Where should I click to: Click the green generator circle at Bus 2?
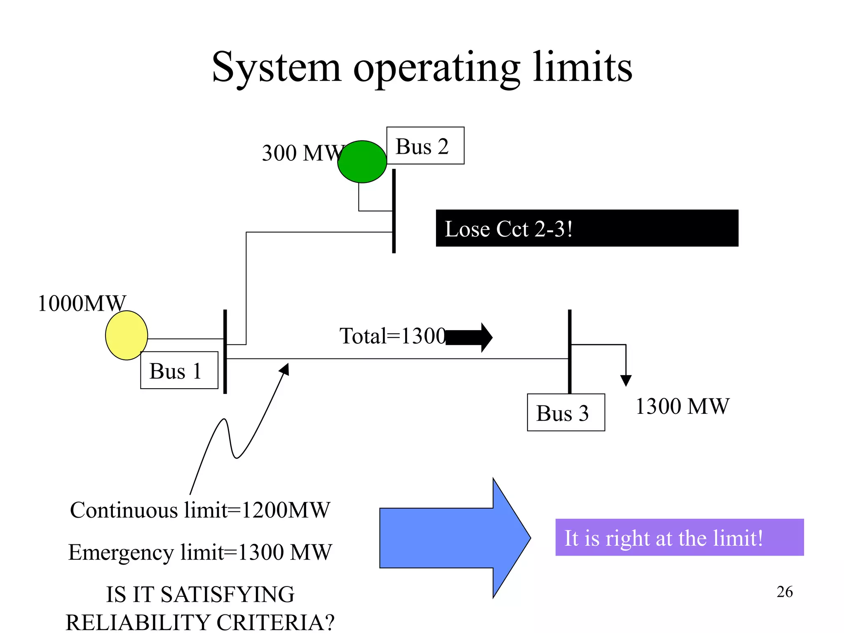point(362,162)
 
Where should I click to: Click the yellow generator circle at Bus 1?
point(126,335)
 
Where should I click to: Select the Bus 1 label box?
point(179,370)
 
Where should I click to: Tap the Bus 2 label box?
point(425,145)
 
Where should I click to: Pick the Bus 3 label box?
point(565,412)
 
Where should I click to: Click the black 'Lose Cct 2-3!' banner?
point(586,228)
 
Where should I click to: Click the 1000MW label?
point(82,303)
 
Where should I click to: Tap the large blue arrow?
point(453,538)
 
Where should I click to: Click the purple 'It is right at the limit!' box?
point(679,537)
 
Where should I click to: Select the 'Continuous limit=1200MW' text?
point(200,510)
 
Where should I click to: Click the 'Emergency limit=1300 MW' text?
point(200,552)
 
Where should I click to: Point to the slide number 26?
point(784,591)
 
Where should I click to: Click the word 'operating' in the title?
point(437,68)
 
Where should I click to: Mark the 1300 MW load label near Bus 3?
point(682,406)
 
